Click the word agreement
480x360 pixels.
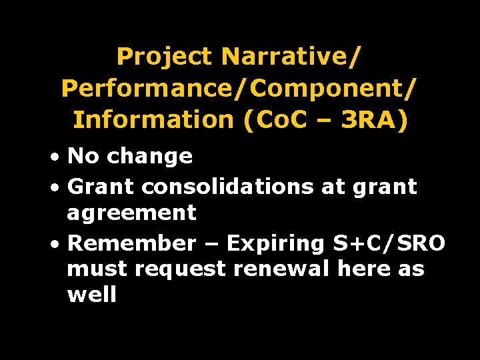[132, 213]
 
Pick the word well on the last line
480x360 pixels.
[92, 295]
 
